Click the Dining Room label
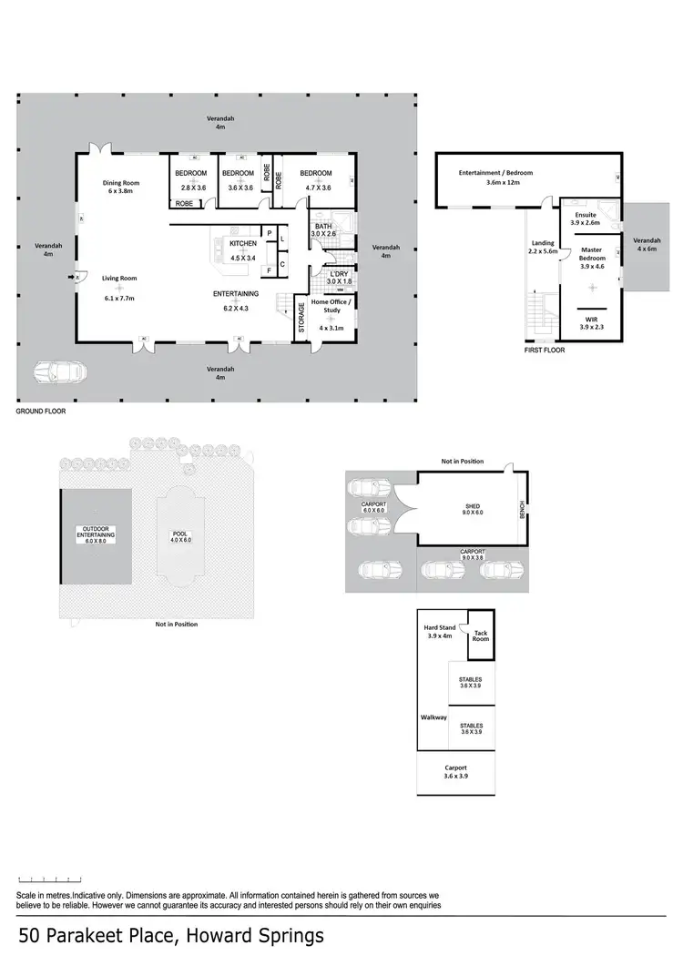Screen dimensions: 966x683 coord(119,182)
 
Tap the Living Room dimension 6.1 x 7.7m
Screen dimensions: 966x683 coord(118,298)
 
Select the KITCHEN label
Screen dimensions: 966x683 coord(243,244)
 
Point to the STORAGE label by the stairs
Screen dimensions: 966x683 coord(301,318)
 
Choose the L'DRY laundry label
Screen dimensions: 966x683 coord(339,273)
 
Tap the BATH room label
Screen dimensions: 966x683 coord(323,226)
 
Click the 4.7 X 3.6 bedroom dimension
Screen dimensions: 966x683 coord(316,187)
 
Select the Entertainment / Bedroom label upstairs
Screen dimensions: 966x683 coord(495,172)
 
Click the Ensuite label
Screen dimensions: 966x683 coord(585,214)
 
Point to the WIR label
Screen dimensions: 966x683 coord(592,320)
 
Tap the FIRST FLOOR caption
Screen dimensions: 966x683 coord(545,350)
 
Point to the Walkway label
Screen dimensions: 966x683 coord(433,717)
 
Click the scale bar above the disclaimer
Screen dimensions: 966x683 coord(50,880)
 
